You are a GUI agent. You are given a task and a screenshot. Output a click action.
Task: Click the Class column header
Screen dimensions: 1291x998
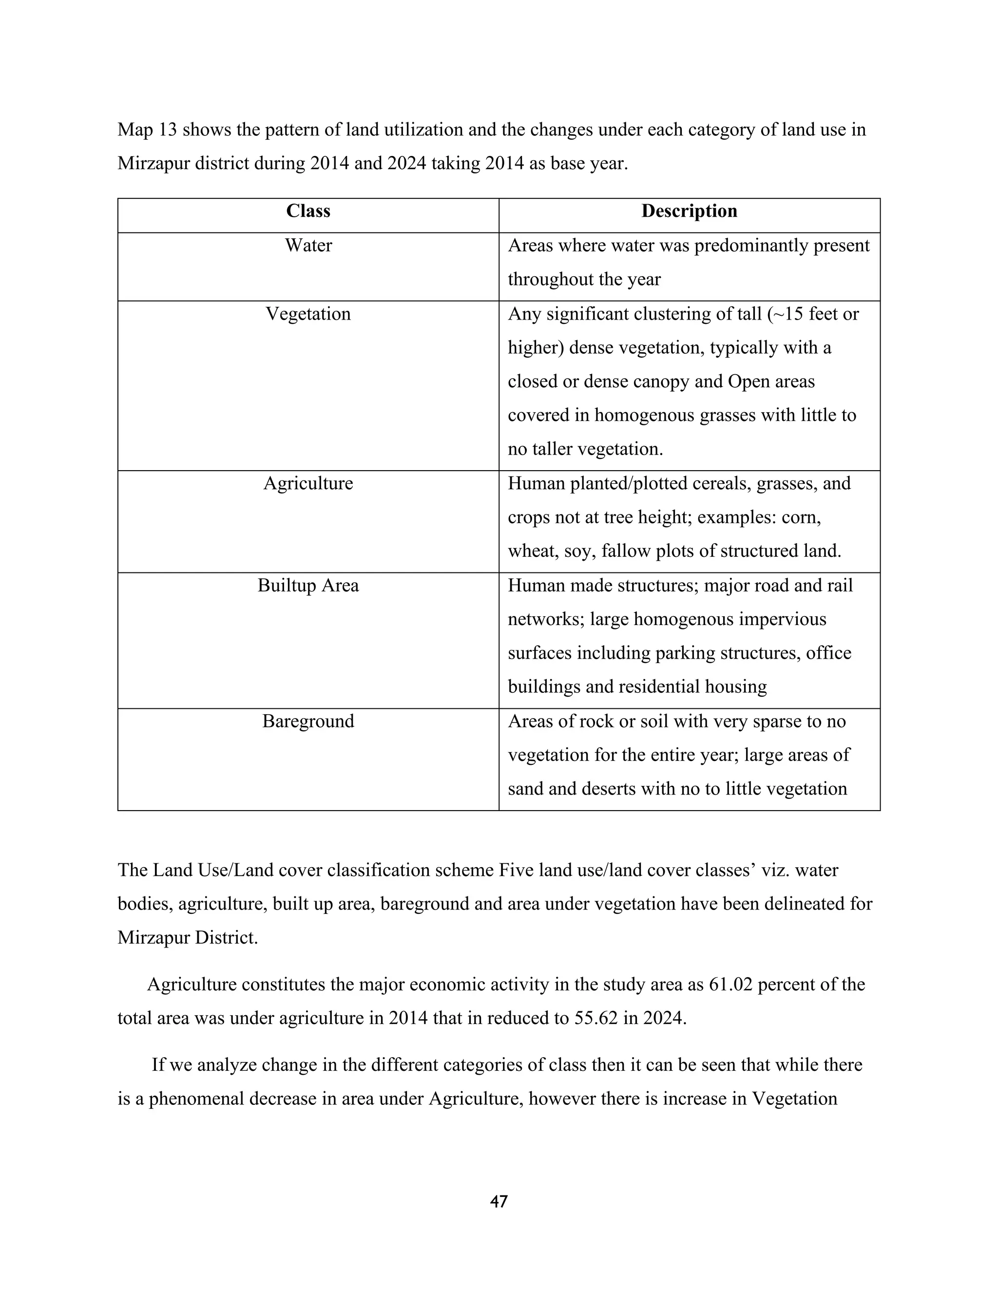pyautogui.click(x=308, y=211)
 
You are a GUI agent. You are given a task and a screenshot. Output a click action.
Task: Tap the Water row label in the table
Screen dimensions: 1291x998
pyautogui.click(x=308, y=246)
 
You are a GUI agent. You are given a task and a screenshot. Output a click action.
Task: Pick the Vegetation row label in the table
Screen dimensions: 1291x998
pyautogui.click(x=308, y=314)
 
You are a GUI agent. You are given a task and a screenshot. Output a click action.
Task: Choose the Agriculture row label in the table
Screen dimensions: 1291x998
pyautogui.click(x=308, y=484)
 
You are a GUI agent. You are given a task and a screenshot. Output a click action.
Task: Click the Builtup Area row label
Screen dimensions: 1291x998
pyautogui.click(x=308, y=586)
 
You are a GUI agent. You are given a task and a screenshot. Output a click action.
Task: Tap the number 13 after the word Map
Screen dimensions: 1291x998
pyautogui.click(x=167, y=130)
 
